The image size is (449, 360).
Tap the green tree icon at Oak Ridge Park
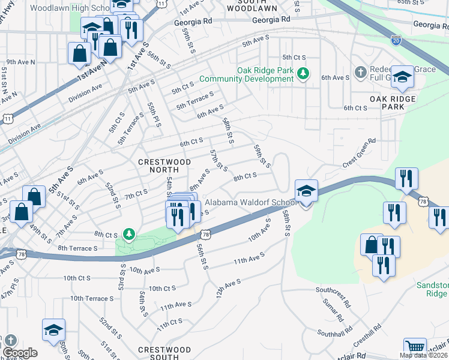(304, 73)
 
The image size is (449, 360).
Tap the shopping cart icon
(415, 347)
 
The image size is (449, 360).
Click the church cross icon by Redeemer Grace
(360, 73)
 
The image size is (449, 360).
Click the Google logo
(20, 353)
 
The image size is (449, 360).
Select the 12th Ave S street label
(228, 288)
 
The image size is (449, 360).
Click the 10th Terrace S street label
(91, 298)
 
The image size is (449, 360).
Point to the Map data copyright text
(423, 355)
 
